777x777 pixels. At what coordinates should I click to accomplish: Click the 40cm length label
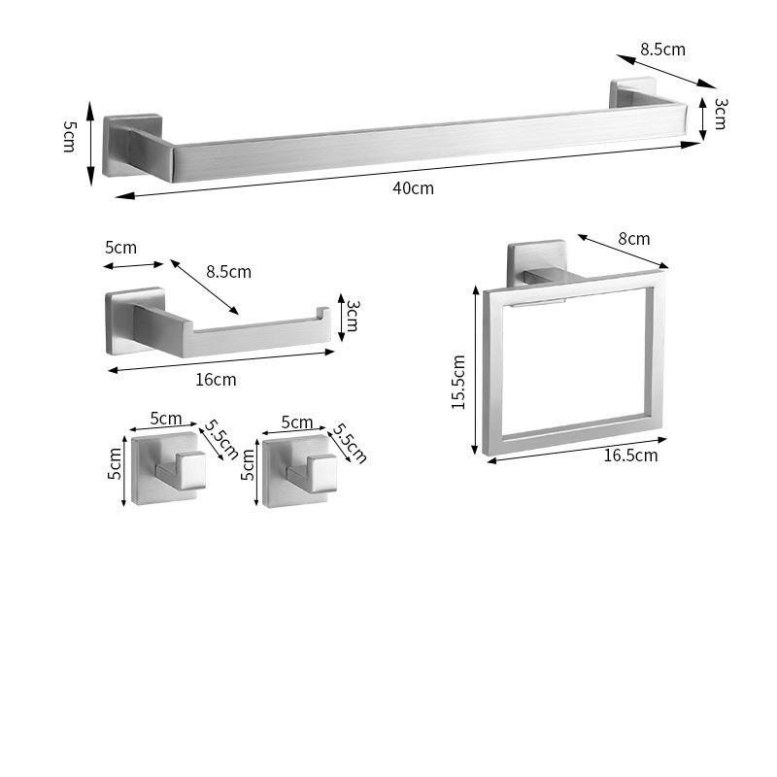click(x=413, y=187)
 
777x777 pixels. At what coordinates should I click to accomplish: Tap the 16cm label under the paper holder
click(x=216, y=379)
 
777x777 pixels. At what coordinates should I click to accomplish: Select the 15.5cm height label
click(x=459, y=382)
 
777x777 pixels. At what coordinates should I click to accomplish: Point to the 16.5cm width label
click(x=629, y=455)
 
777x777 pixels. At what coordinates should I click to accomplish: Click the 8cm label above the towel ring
click(x=633, y=239)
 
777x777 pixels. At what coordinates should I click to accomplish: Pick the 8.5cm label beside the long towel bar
click(x=662, y=49)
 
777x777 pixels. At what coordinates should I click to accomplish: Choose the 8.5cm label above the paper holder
click(x=227, y=272)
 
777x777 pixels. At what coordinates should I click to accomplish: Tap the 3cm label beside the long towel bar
click(x=720, y=113)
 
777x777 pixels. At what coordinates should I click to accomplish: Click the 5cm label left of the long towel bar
click(x=69, y=135)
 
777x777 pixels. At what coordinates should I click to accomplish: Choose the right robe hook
click(x=297, y=471)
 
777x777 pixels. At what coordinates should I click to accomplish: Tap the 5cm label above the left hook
click(x=166, y=420)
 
